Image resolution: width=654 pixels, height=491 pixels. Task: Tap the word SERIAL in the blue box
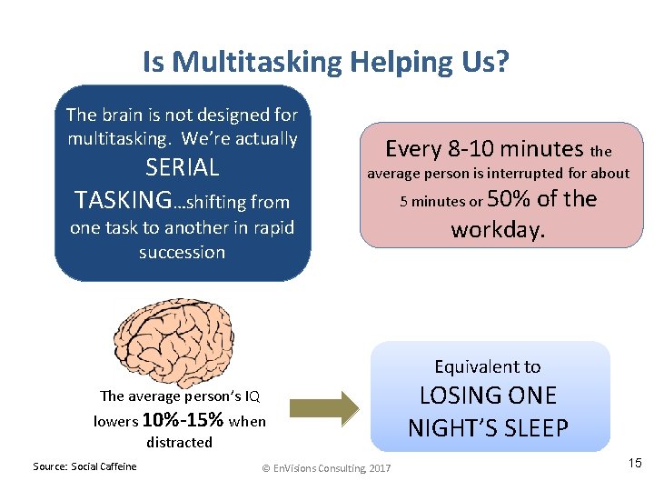[x=183, y=167]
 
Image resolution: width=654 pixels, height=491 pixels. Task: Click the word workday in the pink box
[x=499, y=229]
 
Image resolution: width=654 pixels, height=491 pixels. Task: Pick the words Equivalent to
[x=488, y=366]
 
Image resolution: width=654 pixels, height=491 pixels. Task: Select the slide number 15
[x=634, y=464]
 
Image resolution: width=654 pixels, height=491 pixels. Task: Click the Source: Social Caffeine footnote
[x=84, y=466]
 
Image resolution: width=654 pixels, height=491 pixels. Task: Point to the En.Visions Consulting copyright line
[x=326, y=467]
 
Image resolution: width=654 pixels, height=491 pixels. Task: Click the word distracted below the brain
[x=179, y=443]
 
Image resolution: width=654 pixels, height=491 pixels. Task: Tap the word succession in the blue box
[x=183, y=252]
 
